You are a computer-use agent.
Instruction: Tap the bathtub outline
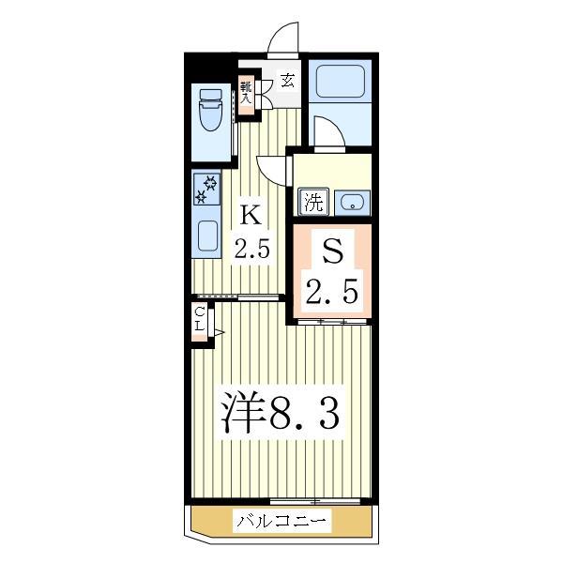tap(342, 82)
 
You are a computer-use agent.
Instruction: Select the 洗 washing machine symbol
tap(313, 200)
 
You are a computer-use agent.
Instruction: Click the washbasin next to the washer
tap(354, 201)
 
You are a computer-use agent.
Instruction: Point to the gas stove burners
tap(205, 190)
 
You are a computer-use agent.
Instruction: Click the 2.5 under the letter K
tap(252, 251)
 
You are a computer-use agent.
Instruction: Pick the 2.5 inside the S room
tap(331, 293)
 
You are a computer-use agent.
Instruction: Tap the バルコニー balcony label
tap(281, 519)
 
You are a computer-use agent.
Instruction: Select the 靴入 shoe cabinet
tap(247, 93)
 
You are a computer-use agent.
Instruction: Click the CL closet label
tap(201, 319)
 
